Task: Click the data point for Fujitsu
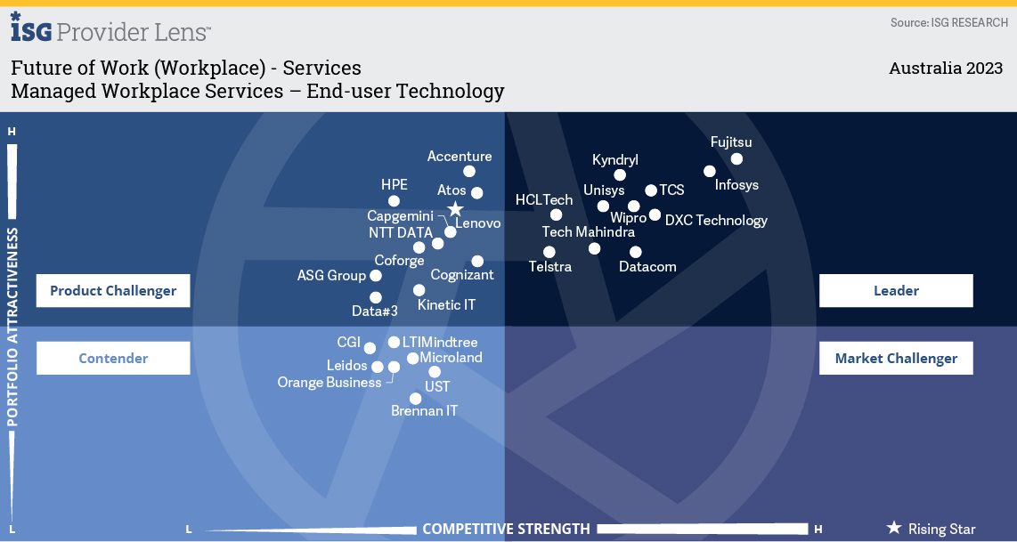[736, 159]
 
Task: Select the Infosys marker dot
[710, 171]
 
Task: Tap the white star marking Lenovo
[455, 209]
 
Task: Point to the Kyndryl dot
[620, 175]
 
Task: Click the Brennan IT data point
[415, 399]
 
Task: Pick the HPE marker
[394, 201]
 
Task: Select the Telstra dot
[549, 253]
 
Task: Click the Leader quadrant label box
[896, 290]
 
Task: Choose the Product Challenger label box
[113, 290]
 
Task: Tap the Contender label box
[113, 358]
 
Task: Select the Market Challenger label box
[896, 358]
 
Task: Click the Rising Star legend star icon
[894, 529]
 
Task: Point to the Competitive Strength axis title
[506, 529]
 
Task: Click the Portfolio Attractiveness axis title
[12, 327]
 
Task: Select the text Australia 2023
[946, 69]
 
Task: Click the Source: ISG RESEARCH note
[948, 22]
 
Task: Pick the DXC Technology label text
[716, 221]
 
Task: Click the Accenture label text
[460, 157]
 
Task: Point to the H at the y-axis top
[12, 132]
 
